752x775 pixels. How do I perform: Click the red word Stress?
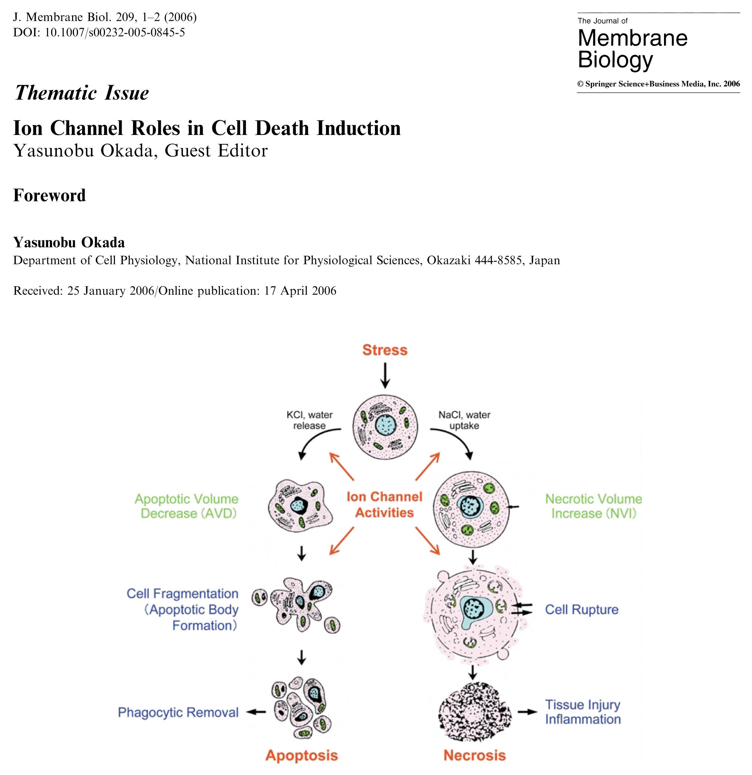point(385,350)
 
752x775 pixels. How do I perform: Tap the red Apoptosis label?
point(302,755)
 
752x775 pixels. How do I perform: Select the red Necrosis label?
point(474,755)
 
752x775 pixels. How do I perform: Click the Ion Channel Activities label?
point(384,505)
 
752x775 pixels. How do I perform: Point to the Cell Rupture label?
point(582,609)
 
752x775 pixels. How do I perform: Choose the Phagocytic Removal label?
point(178,712)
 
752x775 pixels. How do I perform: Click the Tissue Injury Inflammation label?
point(583,712)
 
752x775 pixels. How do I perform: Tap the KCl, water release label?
point(309,420)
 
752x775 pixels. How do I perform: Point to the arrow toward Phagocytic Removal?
point(256,712)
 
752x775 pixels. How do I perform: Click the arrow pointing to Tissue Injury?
point(528,712)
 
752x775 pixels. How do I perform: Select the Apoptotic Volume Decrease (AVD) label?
point(187,506)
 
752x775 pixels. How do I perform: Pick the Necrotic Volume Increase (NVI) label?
point(593,506)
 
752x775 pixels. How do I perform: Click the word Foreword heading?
point(50,195)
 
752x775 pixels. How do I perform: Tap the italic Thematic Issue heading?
point(81,93)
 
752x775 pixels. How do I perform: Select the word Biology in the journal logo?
point(615,60)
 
